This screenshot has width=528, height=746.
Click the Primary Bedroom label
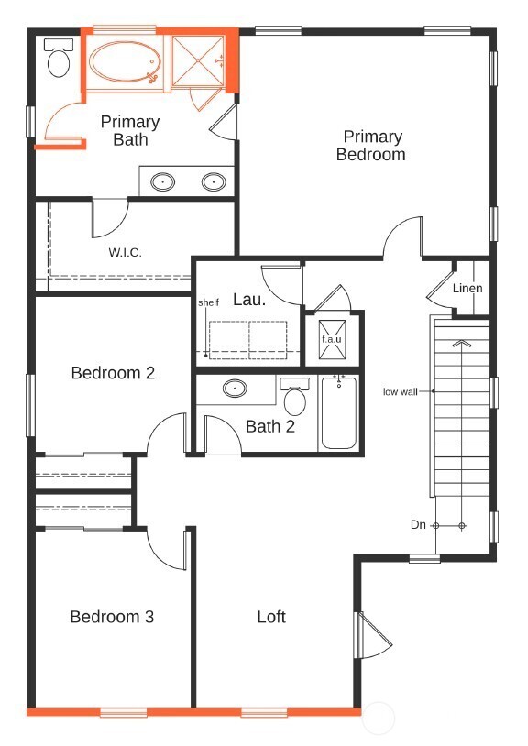click(x=370, y=146)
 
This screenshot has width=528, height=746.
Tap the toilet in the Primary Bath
click(x=59, y=60)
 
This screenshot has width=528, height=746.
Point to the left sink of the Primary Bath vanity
click(x=164, y=181)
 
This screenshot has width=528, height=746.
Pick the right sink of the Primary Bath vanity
click(x=214, y=181)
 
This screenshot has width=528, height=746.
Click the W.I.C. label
click(x=125, y=252)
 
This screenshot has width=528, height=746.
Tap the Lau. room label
click(x=249, y=299)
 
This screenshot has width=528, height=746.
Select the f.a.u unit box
click(x=331, y=338)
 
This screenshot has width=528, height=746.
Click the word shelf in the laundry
click(x=208, y=302)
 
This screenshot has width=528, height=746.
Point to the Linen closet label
click(x=467, y=289)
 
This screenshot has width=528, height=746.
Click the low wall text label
click(x=401, y=391)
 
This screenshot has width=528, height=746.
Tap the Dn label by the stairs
click(x=418, y=525)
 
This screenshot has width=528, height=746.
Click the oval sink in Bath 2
click(x=236, y=389)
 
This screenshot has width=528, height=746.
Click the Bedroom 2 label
click(x=113, y=373)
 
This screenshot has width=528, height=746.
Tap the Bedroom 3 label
click(x=112, y=617)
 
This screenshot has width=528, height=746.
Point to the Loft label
click(x=271, y=617)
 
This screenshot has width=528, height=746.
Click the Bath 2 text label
click(x=269, y=426)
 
